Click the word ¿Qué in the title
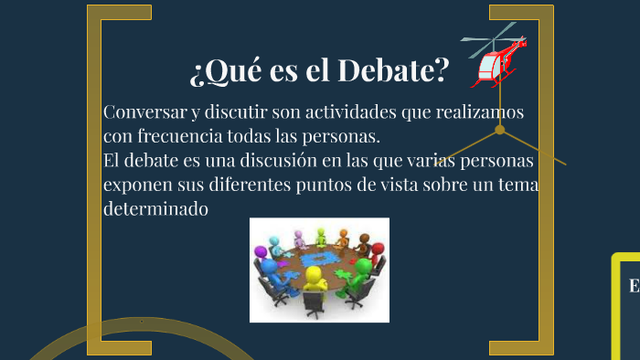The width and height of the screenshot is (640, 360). point(220,69)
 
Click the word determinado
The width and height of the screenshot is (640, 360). point(156,209)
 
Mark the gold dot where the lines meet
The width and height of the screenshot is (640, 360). point(500,130)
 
